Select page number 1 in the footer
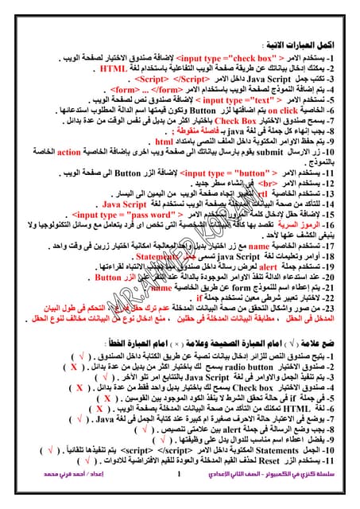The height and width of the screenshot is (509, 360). point(180,497)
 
